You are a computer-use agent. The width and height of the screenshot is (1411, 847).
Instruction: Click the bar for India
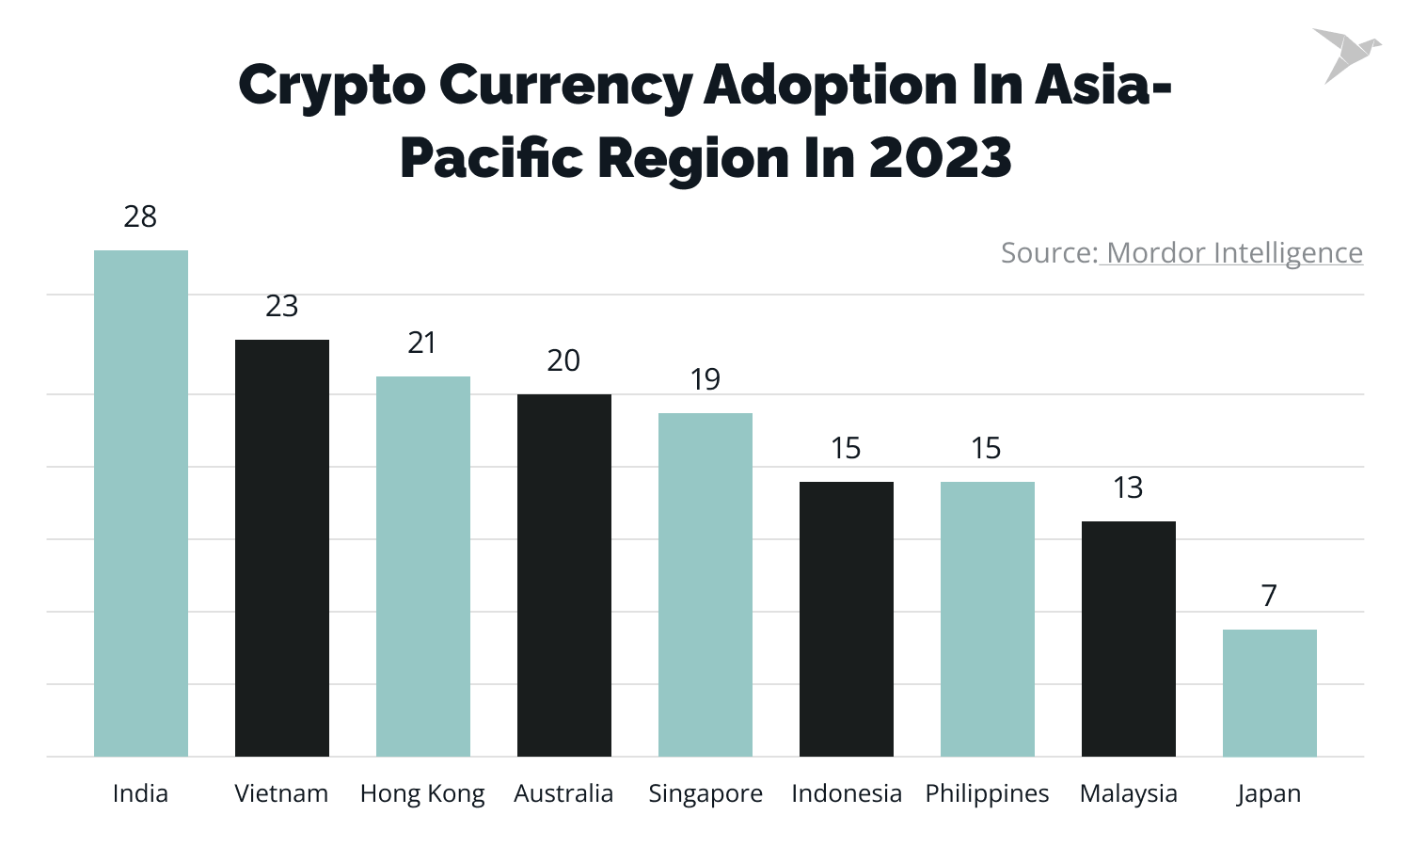tap(141, 503)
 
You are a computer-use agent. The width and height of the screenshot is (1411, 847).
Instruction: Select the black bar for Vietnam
tap(282, 548)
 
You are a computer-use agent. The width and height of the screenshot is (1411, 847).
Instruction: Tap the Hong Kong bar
tap(423, 567)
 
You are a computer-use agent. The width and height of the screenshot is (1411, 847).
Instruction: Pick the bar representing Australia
tap(564, 575)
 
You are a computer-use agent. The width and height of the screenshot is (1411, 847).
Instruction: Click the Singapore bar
tap(705, 584)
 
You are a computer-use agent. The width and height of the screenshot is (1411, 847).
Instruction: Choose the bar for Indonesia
tap(847, 619)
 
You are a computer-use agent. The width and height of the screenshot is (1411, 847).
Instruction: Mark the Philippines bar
tap(988, 619)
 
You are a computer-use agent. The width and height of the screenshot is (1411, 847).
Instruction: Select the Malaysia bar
tap(1129, 639)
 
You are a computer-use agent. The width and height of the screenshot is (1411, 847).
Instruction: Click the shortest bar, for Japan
tap(1270, 693)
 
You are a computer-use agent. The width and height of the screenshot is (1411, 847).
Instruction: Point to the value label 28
tap(140, 217)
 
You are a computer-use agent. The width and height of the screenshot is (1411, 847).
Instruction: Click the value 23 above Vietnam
tap(281, 307)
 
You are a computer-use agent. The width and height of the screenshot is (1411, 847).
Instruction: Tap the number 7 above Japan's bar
tap(1269, 596)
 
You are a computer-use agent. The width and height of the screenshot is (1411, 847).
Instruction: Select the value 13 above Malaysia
tap(1128, 487)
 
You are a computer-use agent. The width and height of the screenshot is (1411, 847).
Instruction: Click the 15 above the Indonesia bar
tap(846, 448)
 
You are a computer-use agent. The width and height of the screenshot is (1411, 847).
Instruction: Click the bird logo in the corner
tap(1345, 54)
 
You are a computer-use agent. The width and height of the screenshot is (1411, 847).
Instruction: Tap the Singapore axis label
tap(705, 793)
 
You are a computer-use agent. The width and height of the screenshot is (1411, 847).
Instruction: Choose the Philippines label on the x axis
tap(987, 793)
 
